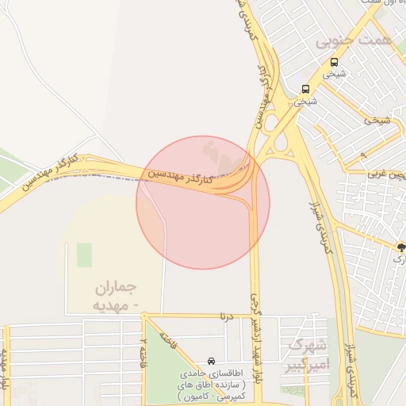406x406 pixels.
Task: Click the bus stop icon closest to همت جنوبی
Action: pyautogui.click(x=334, y=62)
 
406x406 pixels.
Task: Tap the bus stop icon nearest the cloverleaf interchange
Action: pyautogui.click(x=306, y=88)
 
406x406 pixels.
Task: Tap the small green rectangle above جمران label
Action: pyautogui.click(x=84, y=255)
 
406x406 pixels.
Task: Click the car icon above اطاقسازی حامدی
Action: pyautogui.click(x=210, y=361)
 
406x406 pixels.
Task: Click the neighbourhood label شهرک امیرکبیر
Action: pyautogui.click(x=307, y=354)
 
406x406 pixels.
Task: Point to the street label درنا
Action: pyautogui.click(x=228, y=316)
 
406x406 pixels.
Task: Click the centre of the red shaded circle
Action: pyautogui.click(x=203, y=203)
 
